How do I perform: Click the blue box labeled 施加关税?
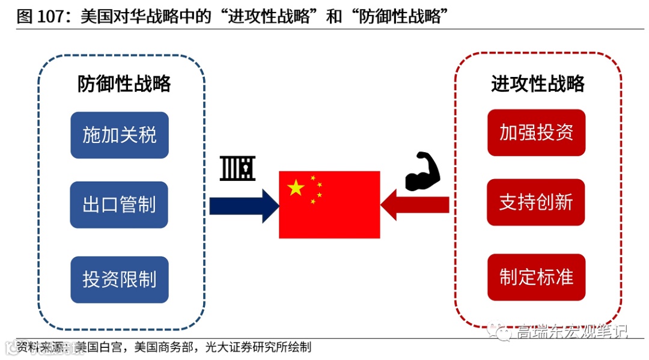[x=119, y=135]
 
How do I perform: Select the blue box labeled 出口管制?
[x=119, y=205]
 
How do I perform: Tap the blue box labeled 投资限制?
[x=119, y=279]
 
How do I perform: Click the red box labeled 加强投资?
[x=536, y=133]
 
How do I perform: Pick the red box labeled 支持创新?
[x=536, y=203]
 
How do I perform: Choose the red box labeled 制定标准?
[x=536, y=277]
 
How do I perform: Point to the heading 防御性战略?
[x=124, y=84]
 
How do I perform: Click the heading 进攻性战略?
[x=538, y=84]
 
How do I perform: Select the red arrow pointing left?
[x=415, y=206]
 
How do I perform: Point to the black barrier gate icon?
[x=238, y=168]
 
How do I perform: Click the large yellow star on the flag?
[x=296, y=188]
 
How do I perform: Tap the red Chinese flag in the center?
[x=329, y=204]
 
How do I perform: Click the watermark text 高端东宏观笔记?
[x=571, y=331]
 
